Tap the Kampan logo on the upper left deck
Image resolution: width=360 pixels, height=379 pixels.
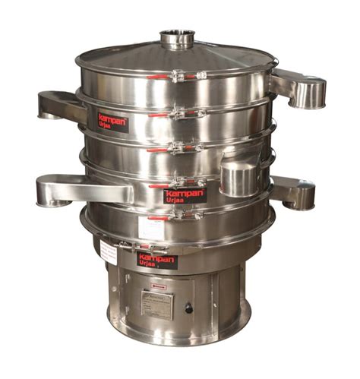(x=112, y=122)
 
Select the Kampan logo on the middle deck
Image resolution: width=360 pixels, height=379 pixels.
(x=185, y=195)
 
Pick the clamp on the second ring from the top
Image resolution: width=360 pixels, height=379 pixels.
(x=176, y=114)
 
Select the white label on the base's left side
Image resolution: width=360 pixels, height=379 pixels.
(x=108, y=254)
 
